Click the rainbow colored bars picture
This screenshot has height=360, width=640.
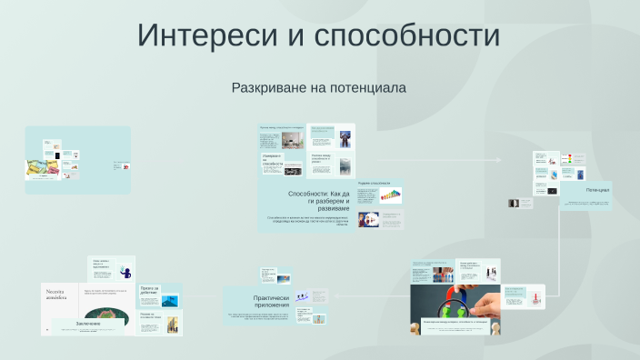391,195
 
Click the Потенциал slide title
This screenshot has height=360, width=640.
597,190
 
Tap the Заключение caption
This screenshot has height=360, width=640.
88,323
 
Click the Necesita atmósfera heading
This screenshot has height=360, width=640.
63,296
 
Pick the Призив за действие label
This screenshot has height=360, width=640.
150,291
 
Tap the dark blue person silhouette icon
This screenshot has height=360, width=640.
126,272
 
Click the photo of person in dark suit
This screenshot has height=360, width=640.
345,138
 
